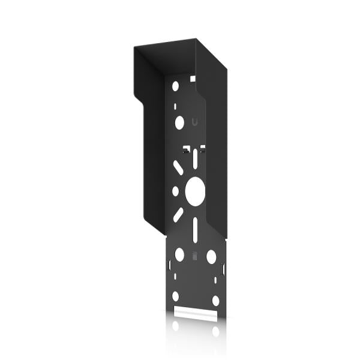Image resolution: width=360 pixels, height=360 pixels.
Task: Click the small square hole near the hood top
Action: tap(193, 78)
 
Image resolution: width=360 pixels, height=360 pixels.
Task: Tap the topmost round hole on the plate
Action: tap(176, 86)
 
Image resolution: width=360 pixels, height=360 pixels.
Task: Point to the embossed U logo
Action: tap(194, 122)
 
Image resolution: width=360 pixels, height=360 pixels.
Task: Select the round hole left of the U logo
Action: tap(179, 122)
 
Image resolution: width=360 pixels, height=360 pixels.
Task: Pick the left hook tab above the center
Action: tap(187, 147)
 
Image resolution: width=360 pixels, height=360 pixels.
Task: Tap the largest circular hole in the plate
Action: tap(195, 191)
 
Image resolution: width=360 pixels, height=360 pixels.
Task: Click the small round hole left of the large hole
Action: tap(176, 191)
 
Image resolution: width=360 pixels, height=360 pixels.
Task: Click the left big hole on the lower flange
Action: tap(179, 255)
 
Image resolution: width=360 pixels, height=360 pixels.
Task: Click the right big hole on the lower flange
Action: tap(211, 256)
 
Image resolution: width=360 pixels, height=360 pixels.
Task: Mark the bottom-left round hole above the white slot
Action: tap(176, 296)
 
